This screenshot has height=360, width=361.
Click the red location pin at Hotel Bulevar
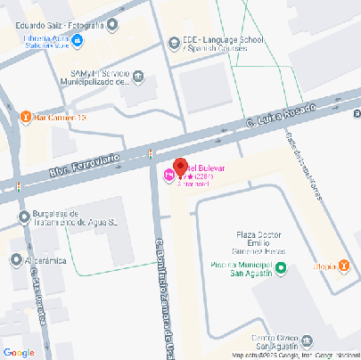point(179,168)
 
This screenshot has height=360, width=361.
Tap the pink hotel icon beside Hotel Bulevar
point(168,176)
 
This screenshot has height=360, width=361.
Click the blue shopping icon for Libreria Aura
point(78,41)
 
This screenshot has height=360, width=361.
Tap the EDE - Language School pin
point(174,41)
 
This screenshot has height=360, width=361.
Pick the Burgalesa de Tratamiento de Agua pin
point(24,217)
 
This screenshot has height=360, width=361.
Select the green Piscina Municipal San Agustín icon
point(281,267)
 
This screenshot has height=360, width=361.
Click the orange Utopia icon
point(343,266)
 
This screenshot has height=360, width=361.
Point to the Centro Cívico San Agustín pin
point(307,340)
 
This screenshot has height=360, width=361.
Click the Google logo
point(19,352)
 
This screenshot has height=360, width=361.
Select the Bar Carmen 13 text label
point(59,117)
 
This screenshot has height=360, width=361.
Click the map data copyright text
point(294,356)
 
